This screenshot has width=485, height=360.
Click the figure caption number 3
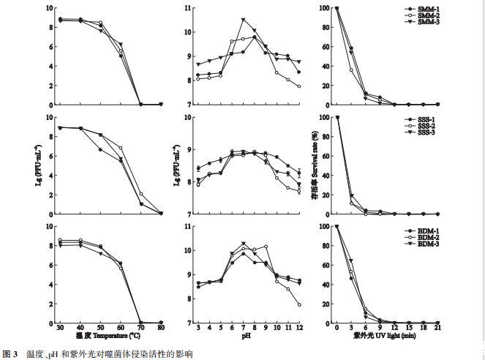pyautogui.click(x=14, y=353)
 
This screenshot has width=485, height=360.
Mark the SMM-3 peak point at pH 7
pyautogui.click(x=244, y=20)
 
